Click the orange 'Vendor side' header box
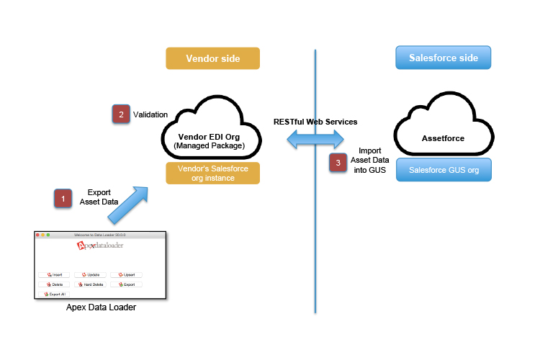(212, 58)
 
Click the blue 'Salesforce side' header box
(443, 58)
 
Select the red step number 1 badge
(63, 197)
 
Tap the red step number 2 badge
(121, 114)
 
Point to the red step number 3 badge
(338, 163)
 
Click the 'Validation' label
(150, 114)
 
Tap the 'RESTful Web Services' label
(315, 122)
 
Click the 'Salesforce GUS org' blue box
(443, 171)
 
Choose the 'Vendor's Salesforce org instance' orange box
(212, 173)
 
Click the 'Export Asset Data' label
(99, 197)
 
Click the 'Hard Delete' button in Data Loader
(90, 284)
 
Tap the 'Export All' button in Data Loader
(55, 294)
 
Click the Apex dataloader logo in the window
(101, 246)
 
